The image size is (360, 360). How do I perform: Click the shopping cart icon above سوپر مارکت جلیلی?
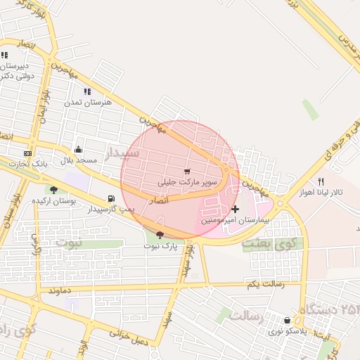coord(187,172)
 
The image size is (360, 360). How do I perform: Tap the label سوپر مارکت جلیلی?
coord(188,183)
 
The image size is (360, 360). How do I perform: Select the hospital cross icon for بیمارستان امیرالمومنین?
coord(235,209)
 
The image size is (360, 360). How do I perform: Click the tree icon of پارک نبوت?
coord(160,235)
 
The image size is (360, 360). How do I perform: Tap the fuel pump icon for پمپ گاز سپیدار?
coord(111,199)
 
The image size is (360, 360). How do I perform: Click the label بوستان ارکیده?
coord(53,201)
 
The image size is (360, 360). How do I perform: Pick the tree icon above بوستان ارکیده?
coord(53,190)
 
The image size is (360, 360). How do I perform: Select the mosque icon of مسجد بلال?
coord(78,149)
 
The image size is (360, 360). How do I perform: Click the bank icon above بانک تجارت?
coord(27,153)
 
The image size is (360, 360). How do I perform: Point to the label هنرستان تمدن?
coord(88,103)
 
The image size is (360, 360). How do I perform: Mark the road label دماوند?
coord(56,289)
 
